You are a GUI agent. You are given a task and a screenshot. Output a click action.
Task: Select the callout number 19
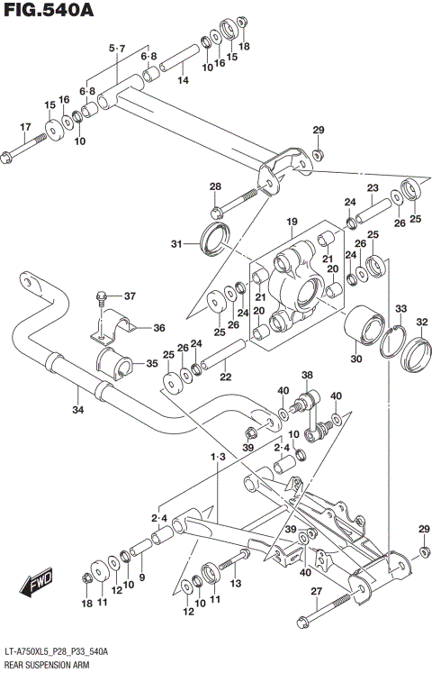click(292, 222)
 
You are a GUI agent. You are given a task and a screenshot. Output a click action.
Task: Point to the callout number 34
click(77, 411)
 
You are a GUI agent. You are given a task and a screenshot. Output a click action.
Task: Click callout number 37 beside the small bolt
click(130, 296)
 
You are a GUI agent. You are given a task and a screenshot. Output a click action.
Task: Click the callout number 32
click(421, 323)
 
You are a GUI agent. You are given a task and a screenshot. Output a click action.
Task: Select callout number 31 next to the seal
click(176, 243)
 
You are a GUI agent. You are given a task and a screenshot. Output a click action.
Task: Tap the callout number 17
click(25, 126)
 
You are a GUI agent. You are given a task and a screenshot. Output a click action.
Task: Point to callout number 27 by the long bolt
click(316, 591)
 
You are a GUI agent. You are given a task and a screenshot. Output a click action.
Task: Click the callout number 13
click(237, 585)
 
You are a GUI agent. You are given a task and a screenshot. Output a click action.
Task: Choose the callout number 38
click(307, 376)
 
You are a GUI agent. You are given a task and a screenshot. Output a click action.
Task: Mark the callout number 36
click(158, 328)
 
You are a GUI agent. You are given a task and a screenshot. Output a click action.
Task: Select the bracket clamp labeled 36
click(107, 329)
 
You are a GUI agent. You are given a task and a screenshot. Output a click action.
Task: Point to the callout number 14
click(183, 81)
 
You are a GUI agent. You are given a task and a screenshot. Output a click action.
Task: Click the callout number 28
click(215, 187)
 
